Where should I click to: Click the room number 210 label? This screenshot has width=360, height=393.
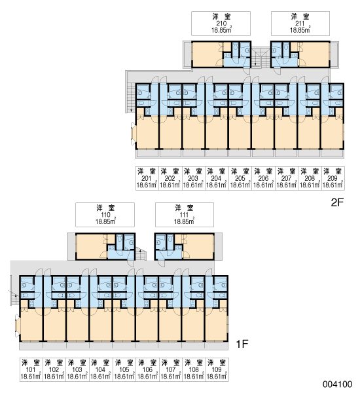[x=221, y=24]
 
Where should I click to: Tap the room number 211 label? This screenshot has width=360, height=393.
[x=300, y=24]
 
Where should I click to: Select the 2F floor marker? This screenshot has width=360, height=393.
[x=337, y=202]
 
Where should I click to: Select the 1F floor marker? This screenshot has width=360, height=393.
[x=242, y=344]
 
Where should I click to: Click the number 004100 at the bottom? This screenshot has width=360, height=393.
[x=337, y=384]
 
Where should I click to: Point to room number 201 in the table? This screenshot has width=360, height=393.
[x=147, y=178]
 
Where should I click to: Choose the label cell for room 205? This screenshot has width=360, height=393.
[x=240, y=178]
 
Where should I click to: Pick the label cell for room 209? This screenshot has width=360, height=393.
[x=333, y=178]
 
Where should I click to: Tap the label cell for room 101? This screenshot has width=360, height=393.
[x=31, y=369]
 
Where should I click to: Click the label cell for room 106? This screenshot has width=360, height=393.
[x=147, y=369]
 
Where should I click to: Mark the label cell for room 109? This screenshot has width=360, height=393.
[x=217, y=369]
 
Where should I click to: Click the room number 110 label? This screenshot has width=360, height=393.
[x=105, y=215]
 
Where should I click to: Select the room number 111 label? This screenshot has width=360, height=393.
[x=184, y=215]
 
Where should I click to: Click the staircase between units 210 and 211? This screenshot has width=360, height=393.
[x=261, y=58]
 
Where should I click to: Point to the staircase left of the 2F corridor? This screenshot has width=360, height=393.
[x=130, y=97]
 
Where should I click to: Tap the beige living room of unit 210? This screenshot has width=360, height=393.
[x=207, y=54]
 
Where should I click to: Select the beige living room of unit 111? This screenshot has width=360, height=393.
[x=198, y=247]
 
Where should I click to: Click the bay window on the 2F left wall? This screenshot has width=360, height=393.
[x=133, y=134]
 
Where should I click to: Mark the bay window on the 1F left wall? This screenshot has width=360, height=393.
[x=17, y=326]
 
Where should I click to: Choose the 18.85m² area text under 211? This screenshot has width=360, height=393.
[x=300, y=30]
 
